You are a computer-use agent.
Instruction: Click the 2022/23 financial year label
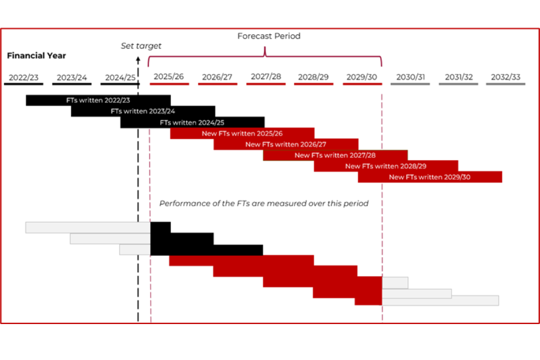click(x=24, y=78)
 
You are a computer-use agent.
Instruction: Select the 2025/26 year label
click(x=169, y=76)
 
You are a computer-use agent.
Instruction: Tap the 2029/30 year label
click(x=362, y=77)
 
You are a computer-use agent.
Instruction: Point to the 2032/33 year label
click(x=506, y=77)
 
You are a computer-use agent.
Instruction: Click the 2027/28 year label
click(x=266, y=76)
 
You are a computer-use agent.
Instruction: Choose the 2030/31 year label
click(x=411, y=77)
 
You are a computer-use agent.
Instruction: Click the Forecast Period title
click(x=269, y=36)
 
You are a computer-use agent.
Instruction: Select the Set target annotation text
click(x=141, y=46)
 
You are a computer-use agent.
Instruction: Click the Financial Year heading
click(x=37, y=56)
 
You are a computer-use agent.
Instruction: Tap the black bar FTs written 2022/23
click(x=98, y=100)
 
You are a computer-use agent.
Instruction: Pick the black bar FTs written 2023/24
click(x=143, y=111)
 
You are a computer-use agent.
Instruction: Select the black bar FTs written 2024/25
click(x=192, y=122)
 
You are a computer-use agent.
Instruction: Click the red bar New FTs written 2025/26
click(x=242, y=133)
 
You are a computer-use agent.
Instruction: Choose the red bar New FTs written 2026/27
click(x=286, y=145)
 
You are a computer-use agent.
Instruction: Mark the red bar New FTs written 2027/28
click(x=335, y=155)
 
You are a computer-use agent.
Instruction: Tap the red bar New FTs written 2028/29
click(x=386, y=166)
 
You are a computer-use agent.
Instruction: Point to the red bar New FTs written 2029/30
click(x=430, y=177)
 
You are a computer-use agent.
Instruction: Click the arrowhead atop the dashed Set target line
click(x=138, y=60)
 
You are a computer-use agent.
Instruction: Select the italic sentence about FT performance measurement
click(x=264, y=204)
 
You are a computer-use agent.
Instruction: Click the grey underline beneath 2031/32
click(x=458, y=84)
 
